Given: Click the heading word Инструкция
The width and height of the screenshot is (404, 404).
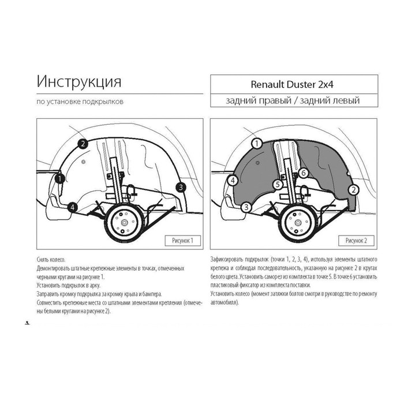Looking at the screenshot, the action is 79,82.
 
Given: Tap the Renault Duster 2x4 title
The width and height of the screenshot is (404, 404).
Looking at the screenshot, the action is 292,84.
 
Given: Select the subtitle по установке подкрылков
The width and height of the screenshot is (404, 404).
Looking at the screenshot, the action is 80,102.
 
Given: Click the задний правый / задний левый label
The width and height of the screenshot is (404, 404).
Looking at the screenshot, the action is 293,100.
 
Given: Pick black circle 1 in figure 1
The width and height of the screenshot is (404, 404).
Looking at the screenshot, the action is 60,178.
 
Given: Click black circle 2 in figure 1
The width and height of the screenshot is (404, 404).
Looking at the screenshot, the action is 83,144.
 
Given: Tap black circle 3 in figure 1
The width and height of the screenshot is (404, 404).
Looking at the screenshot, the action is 181,188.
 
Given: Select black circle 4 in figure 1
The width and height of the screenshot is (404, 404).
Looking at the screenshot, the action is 72,207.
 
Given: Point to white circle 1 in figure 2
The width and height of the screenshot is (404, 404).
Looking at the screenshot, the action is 257,144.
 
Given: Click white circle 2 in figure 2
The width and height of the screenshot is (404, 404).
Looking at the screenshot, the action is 353,190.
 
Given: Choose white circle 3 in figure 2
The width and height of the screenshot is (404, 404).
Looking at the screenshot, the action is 246,207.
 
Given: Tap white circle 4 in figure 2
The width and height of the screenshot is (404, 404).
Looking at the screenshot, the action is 233,180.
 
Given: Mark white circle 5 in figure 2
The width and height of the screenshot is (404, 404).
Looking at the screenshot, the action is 278,185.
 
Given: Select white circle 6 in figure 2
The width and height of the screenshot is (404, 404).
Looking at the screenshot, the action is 303,173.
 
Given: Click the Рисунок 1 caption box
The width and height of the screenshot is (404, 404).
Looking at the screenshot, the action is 183,241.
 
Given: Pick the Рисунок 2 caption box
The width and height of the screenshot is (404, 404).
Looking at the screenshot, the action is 356,241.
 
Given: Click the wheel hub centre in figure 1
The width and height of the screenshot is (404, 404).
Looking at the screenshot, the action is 124,223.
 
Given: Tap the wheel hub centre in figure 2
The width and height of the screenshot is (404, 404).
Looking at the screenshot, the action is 298,223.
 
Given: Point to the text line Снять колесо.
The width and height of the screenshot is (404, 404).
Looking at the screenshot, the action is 51,260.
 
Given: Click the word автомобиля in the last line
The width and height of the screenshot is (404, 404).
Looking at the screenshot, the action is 225,302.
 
